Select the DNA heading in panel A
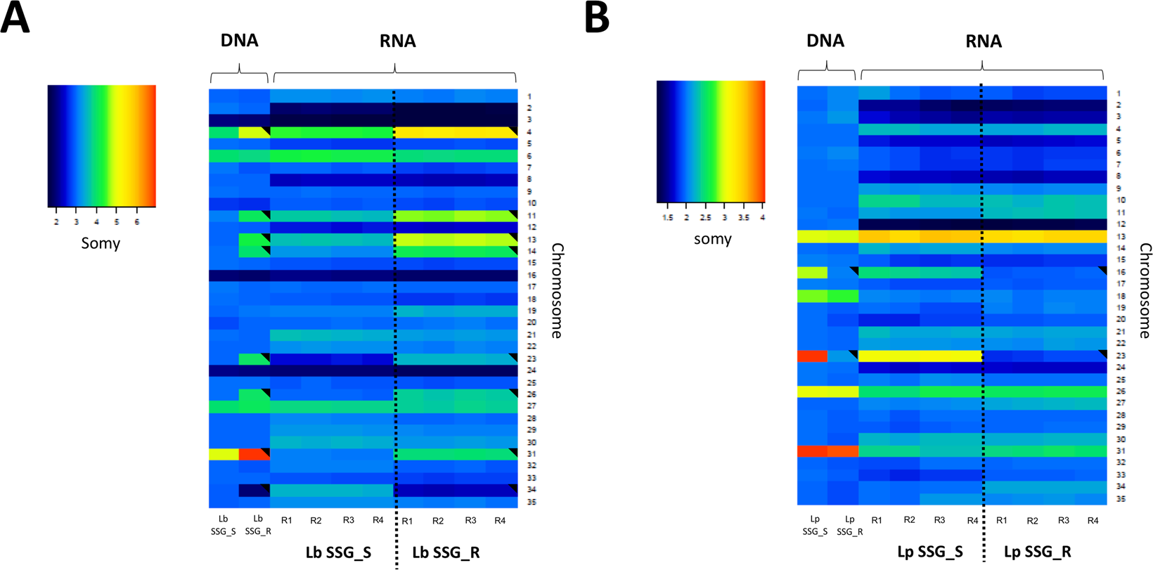(x=239, y=41)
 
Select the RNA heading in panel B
(x=983, y=41)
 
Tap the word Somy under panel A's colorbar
(x=101, y=243)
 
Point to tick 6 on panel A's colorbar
(x=137, y=222)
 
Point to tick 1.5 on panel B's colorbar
(x=667, y=218)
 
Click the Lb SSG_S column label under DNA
(x=224, y=525)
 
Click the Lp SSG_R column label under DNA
(x=849, y=526)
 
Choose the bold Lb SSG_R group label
(x=446, y=552)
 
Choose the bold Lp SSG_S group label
(x=930, y=552)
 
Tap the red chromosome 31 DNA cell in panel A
(x=254, y=454)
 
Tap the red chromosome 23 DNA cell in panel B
(x=812, y=356)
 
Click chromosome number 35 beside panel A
(x=532, y=503)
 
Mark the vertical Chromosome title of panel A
(x=557, y=290)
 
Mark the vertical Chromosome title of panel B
(x=1145, y=290)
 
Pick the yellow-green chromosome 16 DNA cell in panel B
(x=812, y=273)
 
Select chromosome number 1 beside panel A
(x=530, y=97)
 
